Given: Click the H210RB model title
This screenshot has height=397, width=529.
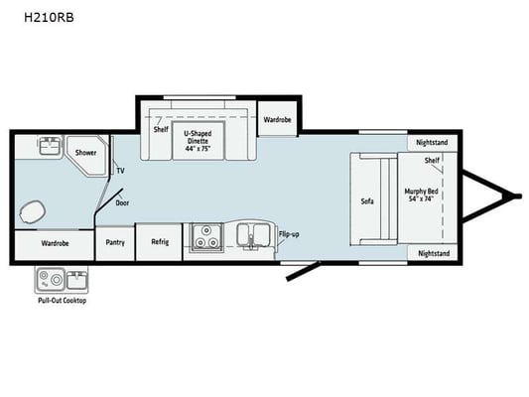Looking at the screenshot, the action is (49, 17).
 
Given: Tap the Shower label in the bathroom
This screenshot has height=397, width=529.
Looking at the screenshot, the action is (85, 153).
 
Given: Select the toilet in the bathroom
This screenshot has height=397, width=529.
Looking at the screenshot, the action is (32, 212).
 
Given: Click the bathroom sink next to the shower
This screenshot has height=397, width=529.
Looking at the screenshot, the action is (51, 145).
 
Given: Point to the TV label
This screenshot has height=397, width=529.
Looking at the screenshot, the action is (120, 171).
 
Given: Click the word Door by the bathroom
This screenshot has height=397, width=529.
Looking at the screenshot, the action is (122, 203).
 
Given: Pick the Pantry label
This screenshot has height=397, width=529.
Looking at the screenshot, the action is (115, 242).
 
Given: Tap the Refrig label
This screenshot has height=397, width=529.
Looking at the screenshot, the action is (160, 242).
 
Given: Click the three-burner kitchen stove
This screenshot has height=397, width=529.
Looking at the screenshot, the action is (206, 237).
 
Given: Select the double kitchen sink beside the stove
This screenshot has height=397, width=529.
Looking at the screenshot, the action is (252, 235).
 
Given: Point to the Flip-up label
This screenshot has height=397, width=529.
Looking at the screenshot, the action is (289, 234).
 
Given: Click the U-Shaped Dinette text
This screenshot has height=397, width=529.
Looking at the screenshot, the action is (198, 137).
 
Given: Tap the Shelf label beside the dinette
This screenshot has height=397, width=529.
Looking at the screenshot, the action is (161, 130).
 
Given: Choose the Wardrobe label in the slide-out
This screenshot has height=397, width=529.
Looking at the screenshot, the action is (277, 120).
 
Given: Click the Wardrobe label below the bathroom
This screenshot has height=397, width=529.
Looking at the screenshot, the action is (55, 243).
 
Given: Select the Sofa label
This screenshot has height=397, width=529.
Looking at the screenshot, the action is (367, 201).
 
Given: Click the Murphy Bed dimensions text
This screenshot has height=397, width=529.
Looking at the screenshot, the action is (422, 198).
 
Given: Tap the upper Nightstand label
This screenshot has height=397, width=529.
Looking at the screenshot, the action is (432, 142).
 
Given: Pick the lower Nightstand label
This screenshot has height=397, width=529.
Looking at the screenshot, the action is (434, 253).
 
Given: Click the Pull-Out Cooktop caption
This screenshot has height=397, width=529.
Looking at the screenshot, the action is (63, 301).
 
